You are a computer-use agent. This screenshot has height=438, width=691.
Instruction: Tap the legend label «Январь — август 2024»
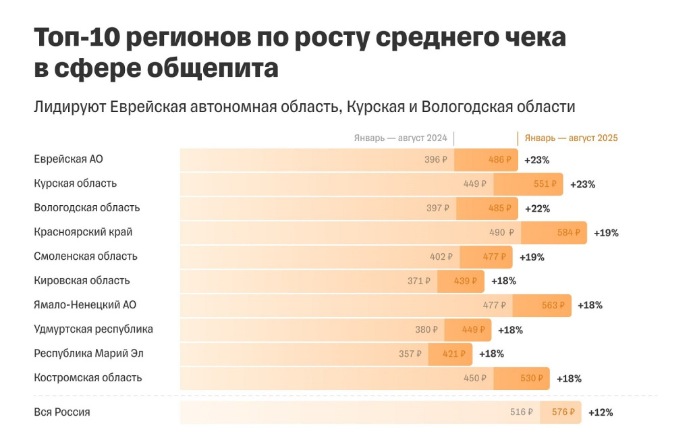coord(400,138)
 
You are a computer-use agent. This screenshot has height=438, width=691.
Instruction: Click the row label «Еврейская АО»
coord(68,159)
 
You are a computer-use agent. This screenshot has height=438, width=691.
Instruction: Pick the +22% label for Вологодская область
coord(538,208)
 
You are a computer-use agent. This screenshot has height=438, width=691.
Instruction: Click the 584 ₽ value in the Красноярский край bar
coord(568,232)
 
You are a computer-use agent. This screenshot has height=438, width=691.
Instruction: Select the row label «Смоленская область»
coord(86,256)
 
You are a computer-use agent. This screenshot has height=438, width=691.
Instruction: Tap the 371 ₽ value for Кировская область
coord(418,281)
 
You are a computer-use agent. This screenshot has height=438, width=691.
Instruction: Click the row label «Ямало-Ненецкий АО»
coord(85,305)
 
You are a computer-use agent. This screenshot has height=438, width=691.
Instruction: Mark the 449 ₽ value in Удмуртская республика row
coord(473,329)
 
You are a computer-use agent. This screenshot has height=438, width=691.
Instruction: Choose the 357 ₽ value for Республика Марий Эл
coord(410,354)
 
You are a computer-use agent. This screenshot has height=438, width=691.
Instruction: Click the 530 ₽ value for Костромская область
coord(531,378)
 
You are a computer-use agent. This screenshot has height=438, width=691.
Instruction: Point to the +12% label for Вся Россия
coord(601,412)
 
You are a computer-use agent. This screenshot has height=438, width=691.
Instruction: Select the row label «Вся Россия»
coord(62,412)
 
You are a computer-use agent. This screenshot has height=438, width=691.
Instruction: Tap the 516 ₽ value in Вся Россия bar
coord(522,412)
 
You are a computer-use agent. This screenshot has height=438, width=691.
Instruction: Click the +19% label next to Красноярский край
coord(606,232)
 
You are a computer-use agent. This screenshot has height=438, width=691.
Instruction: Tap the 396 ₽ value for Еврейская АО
coord(436,160)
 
